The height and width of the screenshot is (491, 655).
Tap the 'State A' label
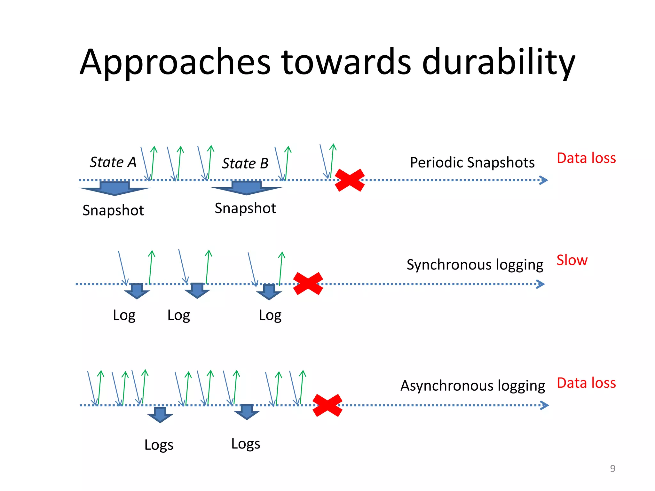pyautogui.click(x=113, y=162)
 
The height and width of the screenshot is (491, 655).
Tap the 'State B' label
pyautogui.click(x=245, y=163)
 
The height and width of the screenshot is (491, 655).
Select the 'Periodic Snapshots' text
pyautogui.click(x=472, y=162)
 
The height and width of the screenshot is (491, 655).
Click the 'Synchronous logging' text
pyautogui.click(x=475, y=265)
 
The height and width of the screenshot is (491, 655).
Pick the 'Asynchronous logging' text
pyautogui.click(x=472, y=386)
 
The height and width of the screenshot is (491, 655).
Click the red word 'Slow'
pyautogui.click(x=572, y=260)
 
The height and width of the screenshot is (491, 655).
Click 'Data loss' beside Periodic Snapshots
pyautogui.click(x=586, y=158)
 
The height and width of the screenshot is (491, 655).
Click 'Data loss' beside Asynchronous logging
pyautogui.click(x=586, y=383)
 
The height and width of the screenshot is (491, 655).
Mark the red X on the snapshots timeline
pyautogui.click(x=350, y=180)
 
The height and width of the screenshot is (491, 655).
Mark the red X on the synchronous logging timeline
pyautogui.click(x=308, y=284)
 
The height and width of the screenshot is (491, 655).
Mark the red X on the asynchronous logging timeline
pyautogui.click(x=327, y=405)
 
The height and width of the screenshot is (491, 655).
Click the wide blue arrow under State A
pyautogui.click(x=114, y=188)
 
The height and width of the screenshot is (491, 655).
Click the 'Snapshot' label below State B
pyautogui.click(x=245, y=208)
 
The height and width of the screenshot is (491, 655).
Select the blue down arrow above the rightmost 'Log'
pyautogui.click(x=269, y=292)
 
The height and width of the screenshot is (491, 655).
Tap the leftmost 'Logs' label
pyautogui.click(x=159, y=445)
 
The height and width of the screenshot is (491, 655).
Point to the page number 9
pyautogui.click(x=612, y=468)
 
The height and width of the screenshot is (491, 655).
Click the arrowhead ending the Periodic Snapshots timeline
pyautogui.click(x=544, y=180)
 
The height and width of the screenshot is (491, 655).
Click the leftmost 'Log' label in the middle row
pyautogui.click(x=124, y=315)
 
